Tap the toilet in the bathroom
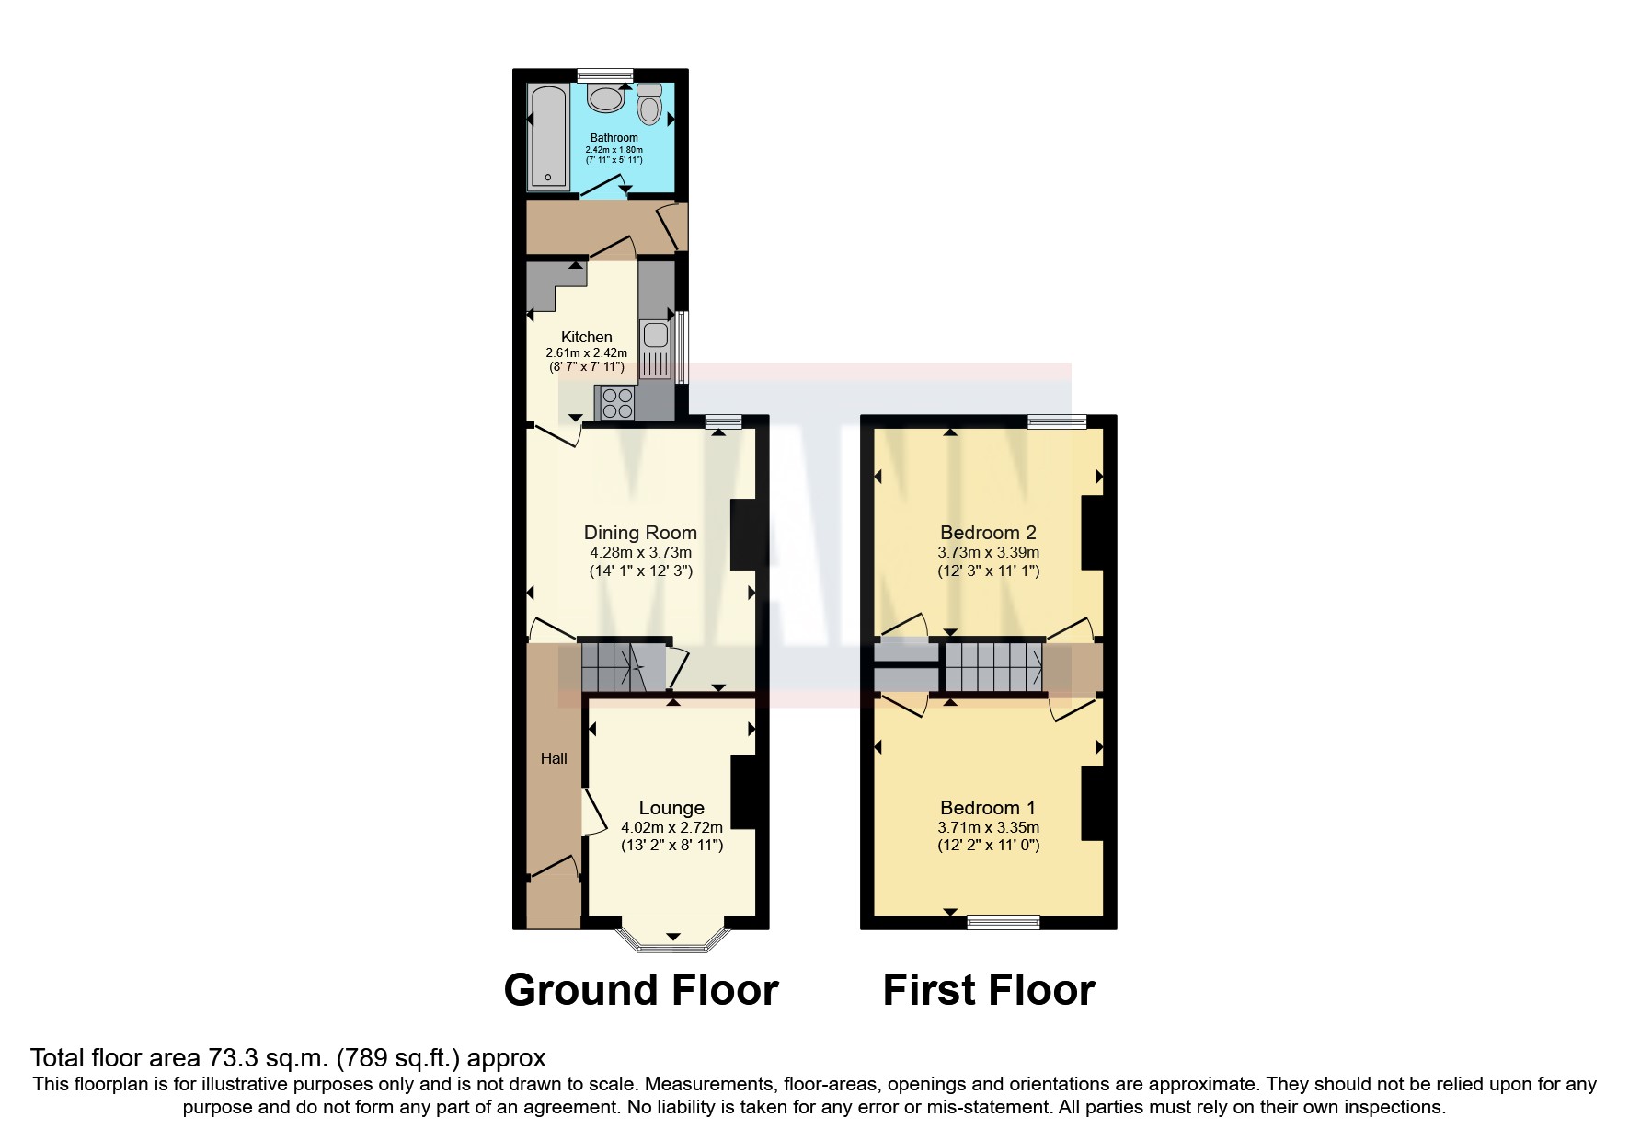pos(649,104)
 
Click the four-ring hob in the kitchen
pos(617,402)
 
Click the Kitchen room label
pos(586,337)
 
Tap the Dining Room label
pos(640,533)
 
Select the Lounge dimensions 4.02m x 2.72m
pos(671,827)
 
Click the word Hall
pos(554,758)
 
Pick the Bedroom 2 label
pos(988,533)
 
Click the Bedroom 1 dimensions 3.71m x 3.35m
pos(988,827)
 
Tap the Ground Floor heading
pos(641,990)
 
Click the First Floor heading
pos(989,990)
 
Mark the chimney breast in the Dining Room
pos(742,535)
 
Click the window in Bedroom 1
pos(1004,921)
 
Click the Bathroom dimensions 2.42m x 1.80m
pos(614,150)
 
